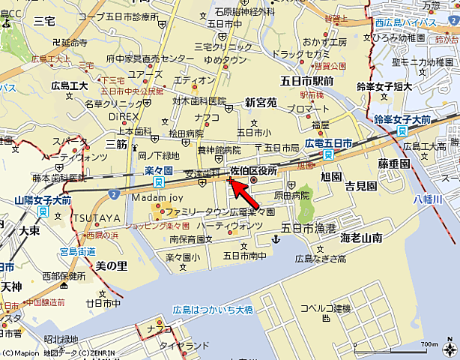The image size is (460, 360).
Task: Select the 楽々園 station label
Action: point(158,171)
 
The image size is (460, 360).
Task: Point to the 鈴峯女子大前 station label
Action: point(402,119)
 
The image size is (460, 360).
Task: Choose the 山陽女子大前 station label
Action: point(43,200)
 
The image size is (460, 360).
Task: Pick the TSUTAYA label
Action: point(97,217)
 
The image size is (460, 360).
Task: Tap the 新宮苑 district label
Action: point(261,102)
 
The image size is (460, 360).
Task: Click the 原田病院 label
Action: point(291,195)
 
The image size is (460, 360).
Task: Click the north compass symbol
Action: point(447,346)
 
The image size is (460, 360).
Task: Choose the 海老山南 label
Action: point(361,238)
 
